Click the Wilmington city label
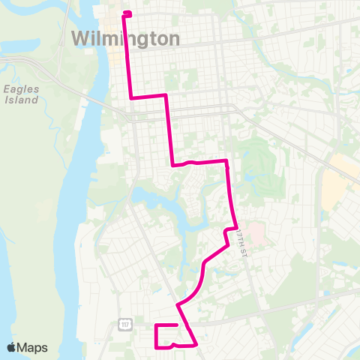pos(126,37)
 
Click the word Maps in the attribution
pos(34,347)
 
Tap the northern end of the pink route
pos(127,13)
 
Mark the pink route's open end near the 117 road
pos(177,325)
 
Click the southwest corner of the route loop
pos(156,346)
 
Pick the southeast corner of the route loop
pos(196,346)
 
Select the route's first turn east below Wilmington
pos(132,97)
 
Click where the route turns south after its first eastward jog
pos(165,95)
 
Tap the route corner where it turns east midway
pos(173,165)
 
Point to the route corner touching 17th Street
pos(236,227)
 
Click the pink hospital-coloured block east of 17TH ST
pos(256,235)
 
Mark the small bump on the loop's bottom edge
pos(173,344)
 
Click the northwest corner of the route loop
pos(156,325)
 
